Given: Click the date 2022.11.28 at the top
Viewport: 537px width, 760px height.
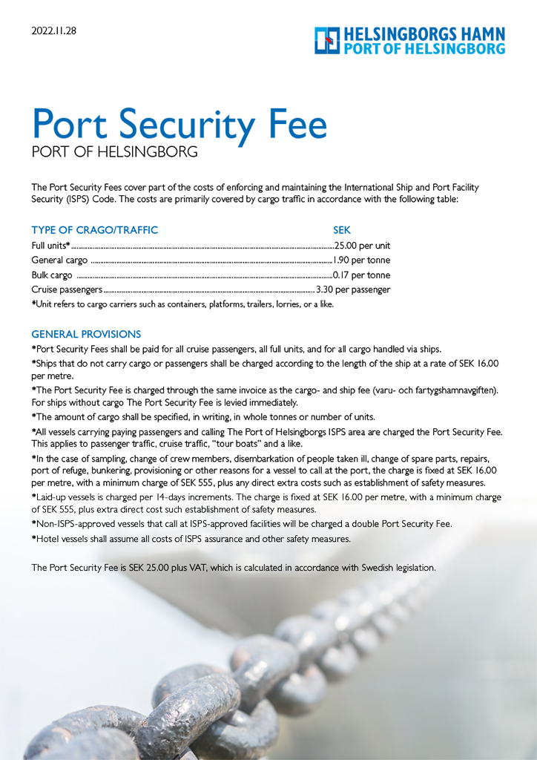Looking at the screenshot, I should (x=54, y=31).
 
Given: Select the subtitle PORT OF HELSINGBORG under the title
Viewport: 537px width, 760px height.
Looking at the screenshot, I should (x=115, y=152).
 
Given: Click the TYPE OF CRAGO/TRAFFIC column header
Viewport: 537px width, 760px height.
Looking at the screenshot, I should (x=95, y=230).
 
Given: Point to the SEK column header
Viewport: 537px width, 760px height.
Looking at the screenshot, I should (x=342, y=230).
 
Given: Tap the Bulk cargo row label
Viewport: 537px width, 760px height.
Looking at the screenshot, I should (x=52, y=275).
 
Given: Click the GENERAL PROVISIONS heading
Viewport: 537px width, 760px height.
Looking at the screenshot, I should (x=86, y=334).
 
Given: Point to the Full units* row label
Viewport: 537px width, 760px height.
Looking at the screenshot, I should (x=50, y=246).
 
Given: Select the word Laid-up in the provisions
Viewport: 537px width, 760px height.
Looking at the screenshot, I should (x=51, y=496).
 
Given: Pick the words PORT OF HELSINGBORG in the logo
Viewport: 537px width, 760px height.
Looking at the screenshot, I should (x=424, y=49).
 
